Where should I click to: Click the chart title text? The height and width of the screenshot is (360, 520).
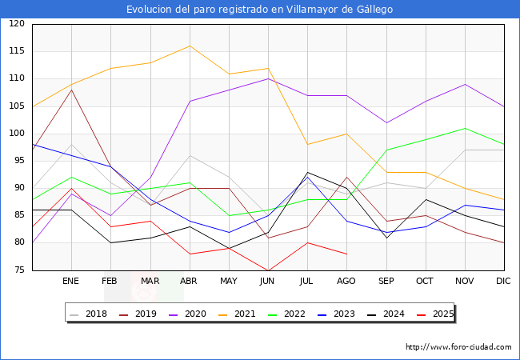[260, 9]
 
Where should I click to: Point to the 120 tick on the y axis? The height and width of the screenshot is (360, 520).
[17, 24]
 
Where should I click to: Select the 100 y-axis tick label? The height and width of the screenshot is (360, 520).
[17, 134]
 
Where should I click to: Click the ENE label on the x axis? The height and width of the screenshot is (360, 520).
[71, 282]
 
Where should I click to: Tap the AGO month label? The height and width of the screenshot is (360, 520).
[346, 282]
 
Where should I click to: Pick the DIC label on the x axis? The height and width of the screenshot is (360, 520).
[503, 282]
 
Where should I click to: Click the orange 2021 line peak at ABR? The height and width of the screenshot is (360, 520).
[189, 46]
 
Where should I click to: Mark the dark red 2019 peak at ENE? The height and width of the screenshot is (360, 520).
[71, 90]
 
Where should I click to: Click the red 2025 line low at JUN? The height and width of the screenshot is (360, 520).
[268, 270]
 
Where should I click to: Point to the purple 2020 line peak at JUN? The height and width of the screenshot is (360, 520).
[268, 78]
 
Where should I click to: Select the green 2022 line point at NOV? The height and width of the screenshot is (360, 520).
[464, 128]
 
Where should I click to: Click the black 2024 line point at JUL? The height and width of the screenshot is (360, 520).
[307, 172]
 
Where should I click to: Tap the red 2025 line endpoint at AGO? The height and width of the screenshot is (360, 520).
[346, 254]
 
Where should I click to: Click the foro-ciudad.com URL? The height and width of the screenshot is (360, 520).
[458, 347]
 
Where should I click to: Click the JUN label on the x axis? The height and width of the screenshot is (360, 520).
[268, 282]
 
